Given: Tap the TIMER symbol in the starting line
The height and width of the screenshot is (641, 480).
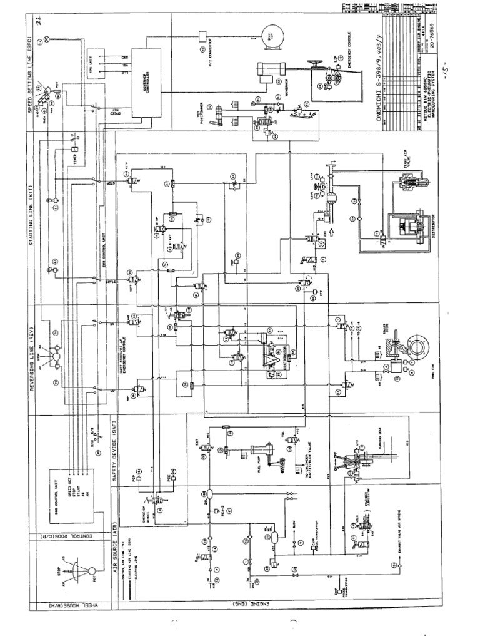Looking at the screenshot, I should click(74, 150).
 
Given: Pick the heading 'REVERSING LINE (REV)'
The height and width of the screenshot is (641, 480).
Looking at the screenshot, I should click(29, 359).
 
